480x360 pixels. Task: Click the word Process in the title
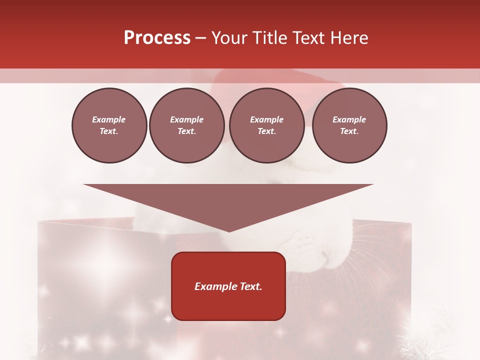tap(157, 38)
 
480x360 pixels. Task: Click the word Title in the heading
tap(269, 38)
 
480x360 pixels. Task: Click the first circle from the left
tap(109, 125)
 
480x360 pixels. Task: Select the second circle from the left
tap(187, 125)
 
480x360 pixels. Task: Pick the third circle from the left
tap(266, 125)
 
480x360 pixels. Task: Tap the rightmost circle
tap(349, 125)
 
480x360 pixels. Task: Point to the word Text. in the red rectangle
tap(251, 286)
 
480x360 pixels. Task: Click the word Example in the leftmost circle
tap(109, 119)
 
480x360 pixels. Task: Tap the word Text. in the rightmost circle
tap(349, 131)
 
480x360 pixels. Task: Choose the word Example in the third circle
tap(266, 119)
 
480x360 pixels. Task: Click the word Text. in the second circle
tap(187, 131)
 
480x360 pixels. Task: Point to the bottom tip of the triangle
tap(229, 230)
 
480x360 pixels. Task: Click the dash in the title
tap(201, 38)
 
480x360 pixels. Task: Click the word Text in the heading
tap(307, 38)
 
